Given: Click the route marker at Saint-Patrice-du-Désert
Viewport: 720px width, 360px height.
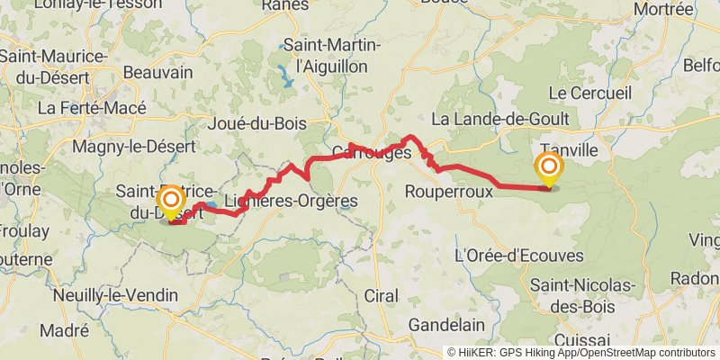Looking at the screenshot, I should click(x=169, y=201).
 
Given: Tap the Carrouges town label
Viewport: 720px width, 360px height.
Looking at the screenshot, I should click(x=372, y=152).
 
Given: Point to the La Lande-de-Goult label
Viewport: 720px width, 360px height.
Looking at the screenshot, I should click(x=500, y=119).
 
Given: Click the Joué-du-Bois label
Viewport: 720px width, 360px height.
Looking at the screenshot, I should click(x=256, y=124).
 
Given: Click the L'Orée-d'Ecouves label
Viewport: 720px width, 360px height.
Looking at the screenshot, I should click(x=520, y=256).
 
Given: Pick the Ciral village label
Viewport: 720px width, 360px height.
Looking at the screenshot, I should click(x=382, y=295).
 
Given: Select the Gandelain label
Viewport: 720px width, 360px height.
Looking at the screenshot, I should click(x=446, y=324).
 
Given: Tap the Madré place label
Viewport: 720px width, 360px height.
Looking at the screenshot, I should click(x=64, y=330).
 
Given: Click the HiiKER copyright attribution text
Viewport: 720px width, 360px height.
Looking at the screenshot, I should click(x=581, y=352).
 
